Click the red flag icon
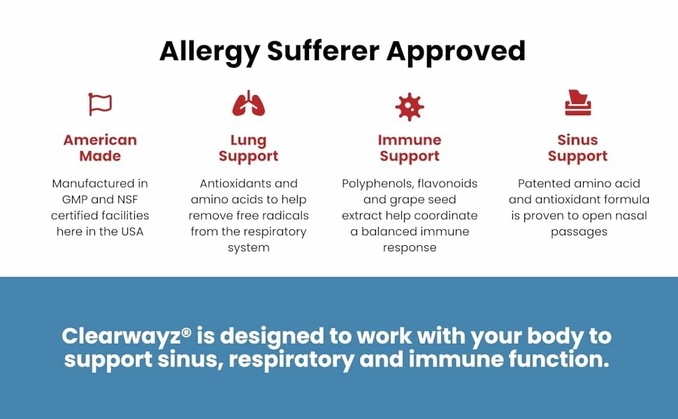click(100, 104)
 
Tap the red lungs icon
click(249, 104)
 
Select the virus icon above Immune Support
click(409, 106)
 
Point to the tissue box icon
click(577, 103)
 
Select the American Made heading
click(100, 148)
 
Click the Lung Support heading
click(249, 148)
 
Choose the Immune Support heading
click(410, 148)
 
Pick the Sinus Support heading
click(577, 148)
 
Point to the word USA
click(129, 231)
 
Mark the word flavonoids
click(452, 184)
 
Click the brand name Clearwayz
click(121, 336)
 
